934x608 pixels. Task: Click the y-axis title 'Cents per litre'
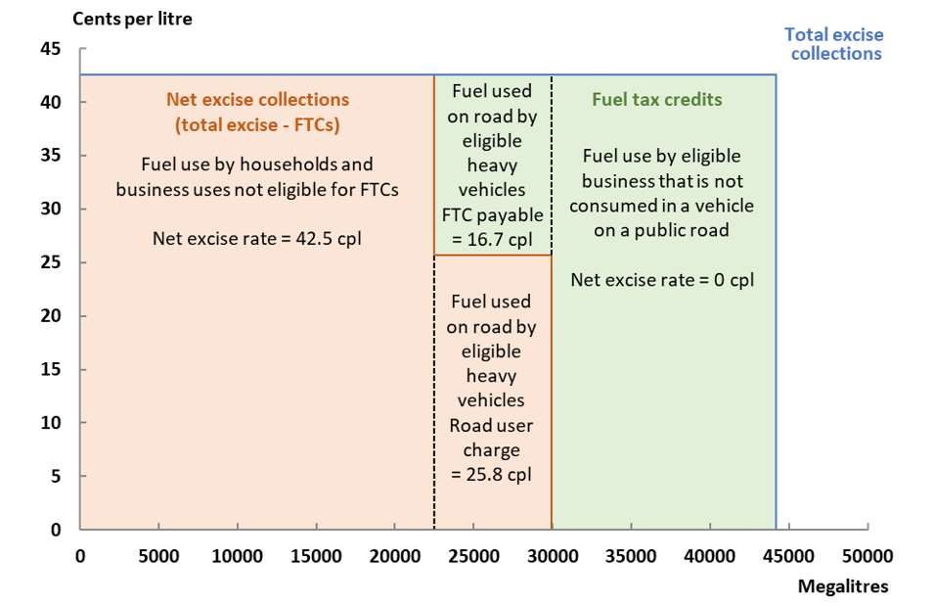[131, 20]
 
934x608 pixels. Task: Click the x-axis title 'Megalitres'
[843, 586]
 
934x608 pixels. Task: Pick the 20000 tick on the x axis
[395, 556]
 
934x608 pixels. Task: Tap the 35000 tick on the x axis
[631, 556]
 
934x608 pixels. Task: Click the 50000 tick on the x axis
[867, 556]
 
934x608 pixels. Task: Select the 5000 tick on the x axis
[158, 556]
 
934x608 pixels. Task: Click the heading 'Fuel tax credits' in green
[656, 100]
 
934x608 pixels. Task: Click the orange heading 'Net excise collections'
[257, 100]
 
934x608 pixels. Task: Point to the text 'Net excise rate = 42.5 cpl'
[257, 237]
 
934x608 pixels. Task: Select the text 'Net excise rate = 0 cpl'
[662, 280]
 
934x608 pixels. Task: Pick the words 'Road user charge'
[491, 438]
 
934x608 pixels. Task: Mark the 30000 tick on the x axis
[553, 556]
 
